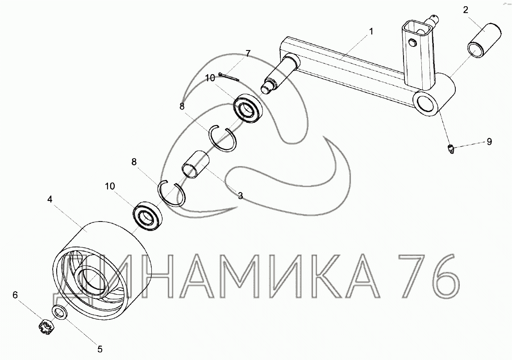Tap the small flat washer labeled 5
pos(60,312)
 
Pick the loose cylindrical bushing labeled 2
pos(485,41)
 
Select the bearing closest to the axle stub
pos(248,108)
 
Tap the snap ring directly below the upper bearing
pos(223,138)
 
